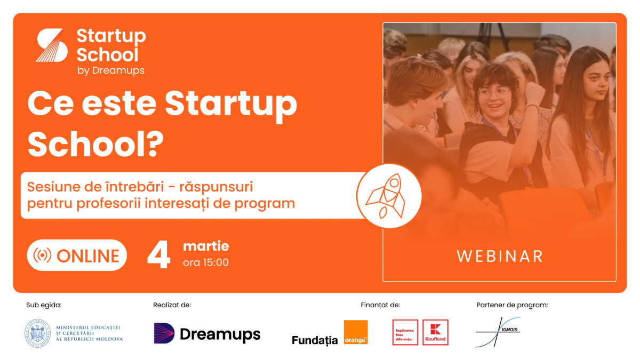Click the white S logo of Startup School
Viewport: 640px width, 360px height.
pyautogui.click(x=52, y=45)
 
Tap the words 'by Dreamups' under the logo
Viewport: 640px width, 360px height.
pyautogui.click(x=111, y=70)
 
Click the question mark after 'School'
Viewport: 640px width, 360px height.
pyautogui.click(x=156, y=145)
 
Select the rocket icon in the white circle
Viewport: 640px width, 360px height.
pyautogui.click(x=386, y=196)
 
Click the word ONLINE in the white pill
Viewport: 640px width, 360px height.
pyautogui.click(x=88, y=255)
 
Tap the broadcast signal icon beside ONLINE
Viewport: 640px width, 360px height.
pyautogui.click(x=42, y=255)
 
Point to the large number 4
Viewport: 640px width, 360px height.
pyautogui.click(x=158, y=255)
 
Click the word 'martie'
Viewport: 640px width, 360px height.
pyautogui.click(x=206, y=246)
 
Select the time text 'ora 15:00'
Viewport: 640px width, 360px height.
pyautogui.click(x=206, y=262)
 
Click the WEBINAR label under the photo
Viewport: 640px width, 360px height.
pyautogui.click(x=499, y=257)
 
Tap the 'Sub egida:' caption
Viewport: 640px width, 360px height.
pyautogui.click(x=44, y=305)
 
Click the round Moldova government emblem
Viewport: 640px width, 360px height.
pyautogui.click(x=38, y=333)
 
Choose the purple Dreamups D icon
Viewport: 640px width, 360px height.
pyautogui.click(x=164, y=333)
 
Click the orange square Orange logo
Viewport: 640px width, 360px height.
pyautogui.click(x=356, y=332)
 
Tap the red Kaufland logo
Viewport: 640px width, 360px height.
pyautogui.click(x=435, y=332)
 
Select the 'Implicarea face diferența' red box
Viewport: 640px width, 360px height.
pyautogui.click(x=405, y=332)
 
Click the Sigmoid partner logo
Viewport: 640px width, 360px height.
pyautogui.click(x=498, y=332)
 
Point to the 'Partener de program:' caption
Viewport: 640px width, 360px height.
pyautogui.click(x=513, y=305)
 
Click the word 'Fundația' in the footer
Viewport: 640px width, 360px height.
pyautogui.click(x=315, y=340)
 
